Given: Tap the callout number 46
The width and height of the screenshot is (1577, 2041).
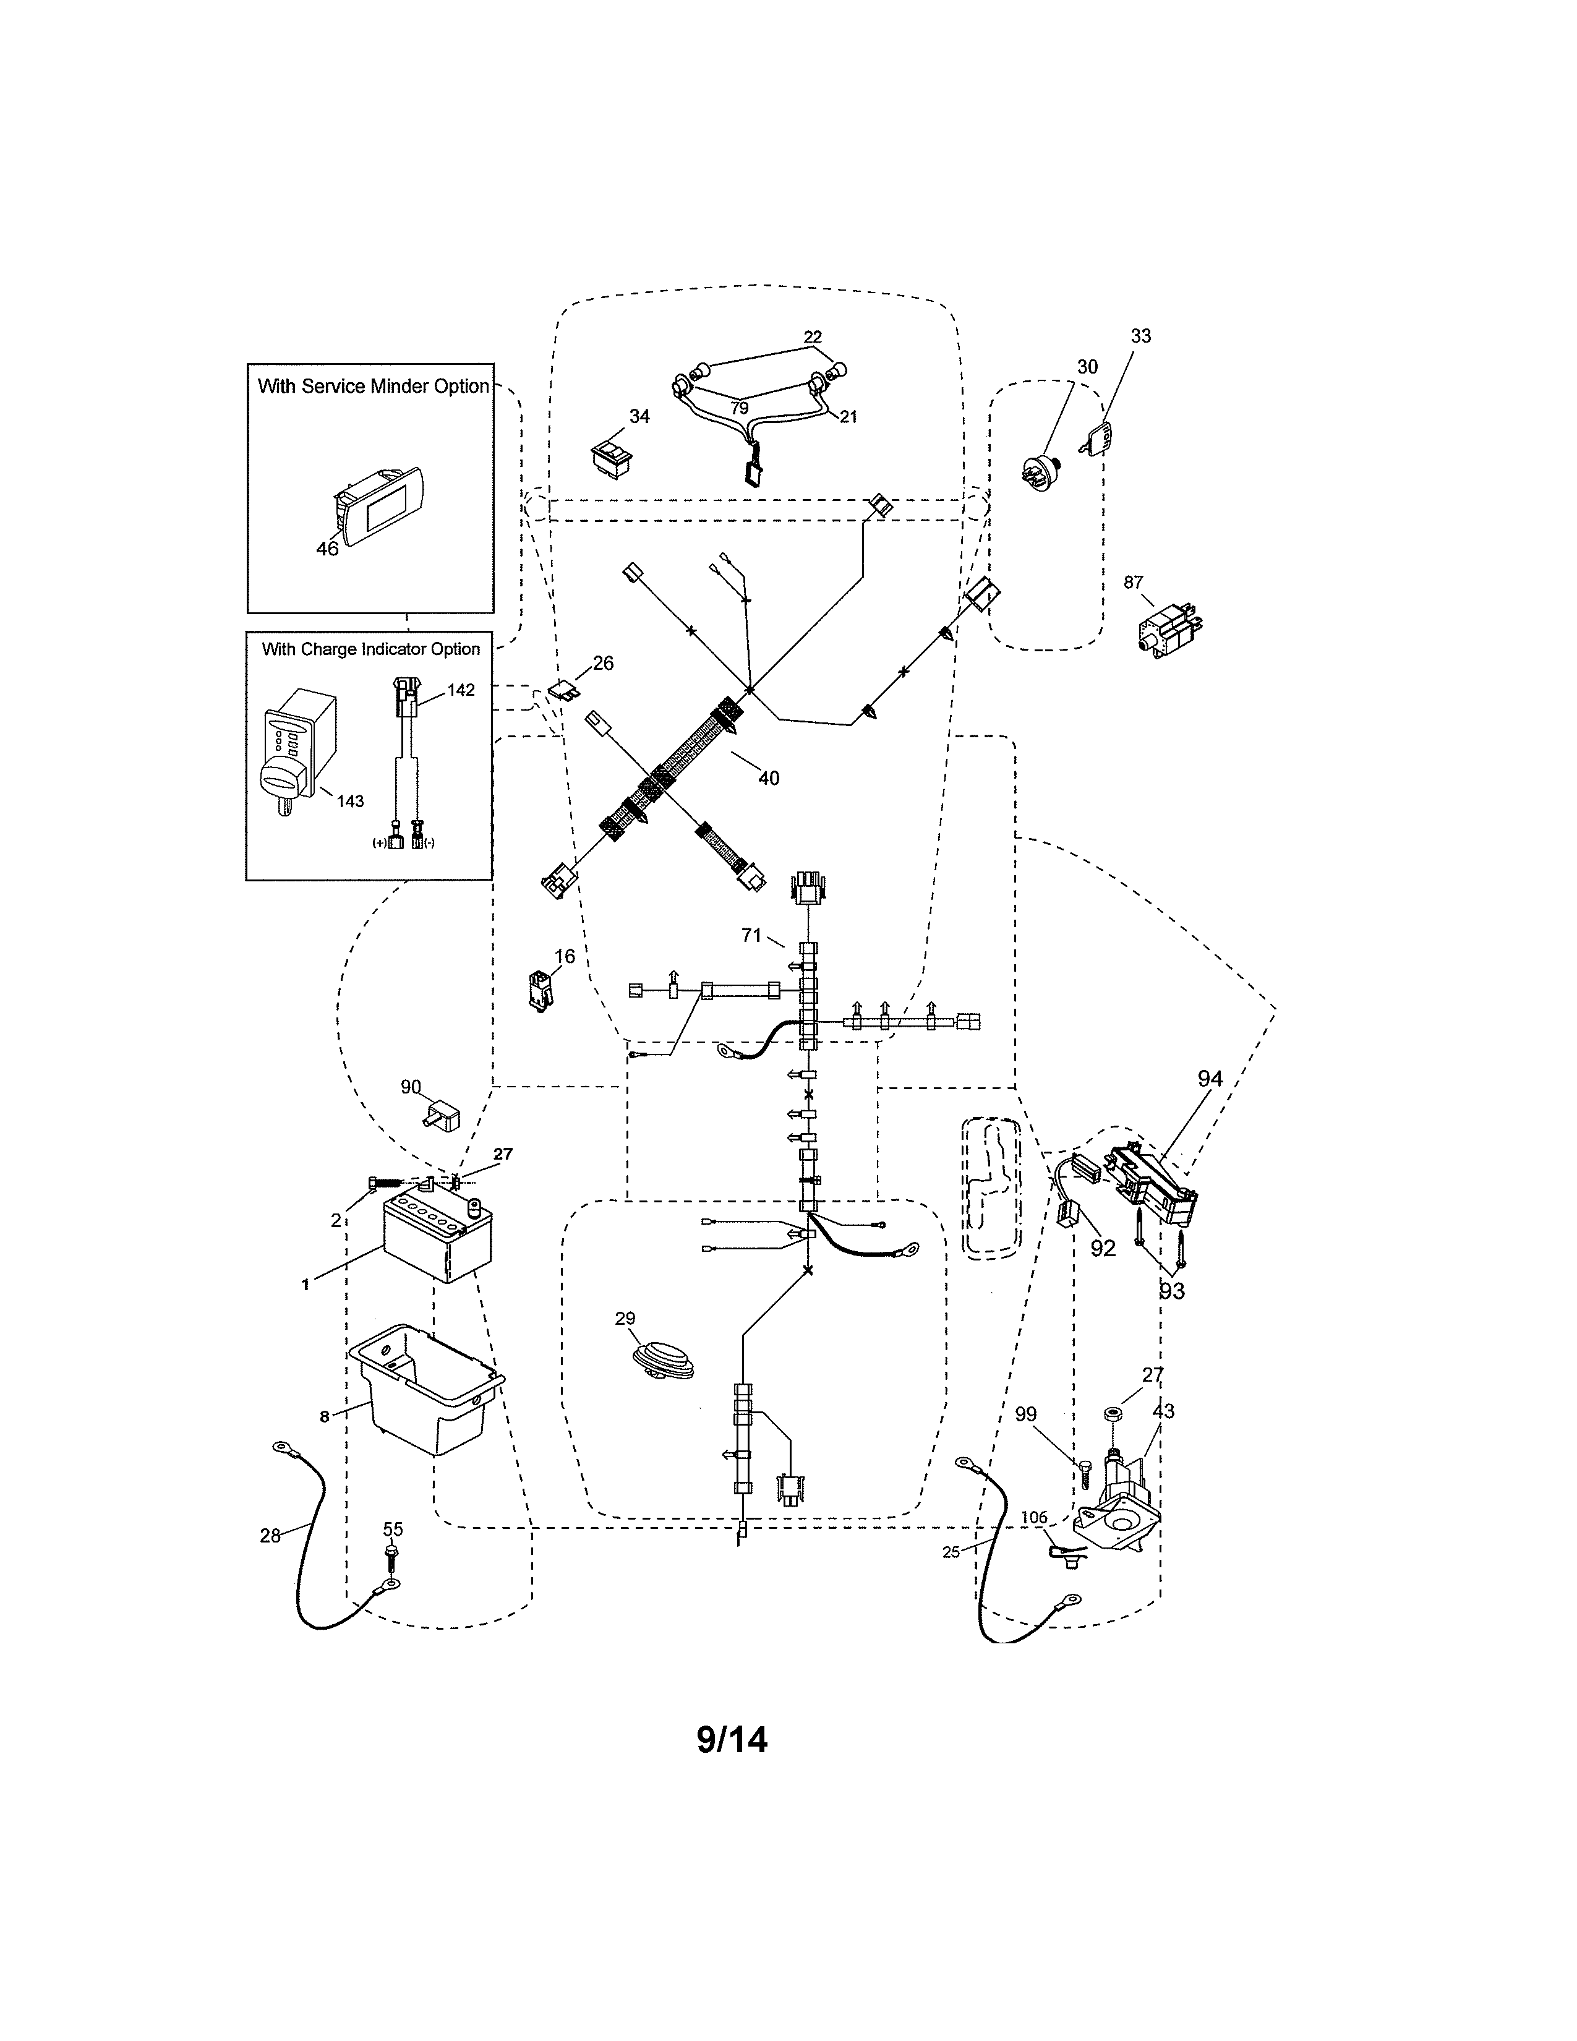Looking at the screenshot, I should coord(327,549).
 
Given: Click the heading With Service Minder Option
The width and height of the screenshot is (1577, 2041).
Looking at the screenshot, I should coord(373,386).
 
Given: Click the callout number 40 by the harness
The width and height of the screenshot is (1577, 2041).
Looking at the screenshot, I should coord(768,777).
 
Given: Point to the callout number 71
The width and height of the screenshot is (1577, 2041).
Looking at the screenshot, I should coord(752,935).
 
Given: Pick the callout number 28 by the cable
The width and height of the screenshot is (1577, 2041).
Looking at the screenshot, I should coord(270,1536).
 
